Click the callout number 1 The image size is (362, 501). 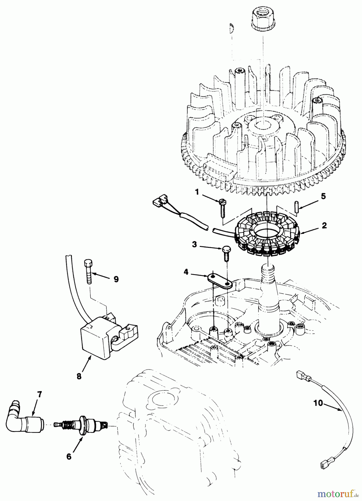pyautogui.click(x=197, y=192)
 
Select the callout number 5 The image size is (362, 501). pyautogui.click(x=323, y=196)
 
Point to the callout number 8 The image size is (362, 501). pyautogui.click(x=79, y=376)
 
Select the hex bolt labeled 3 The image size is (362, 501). pyautogui.click(x=225, y=253)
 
